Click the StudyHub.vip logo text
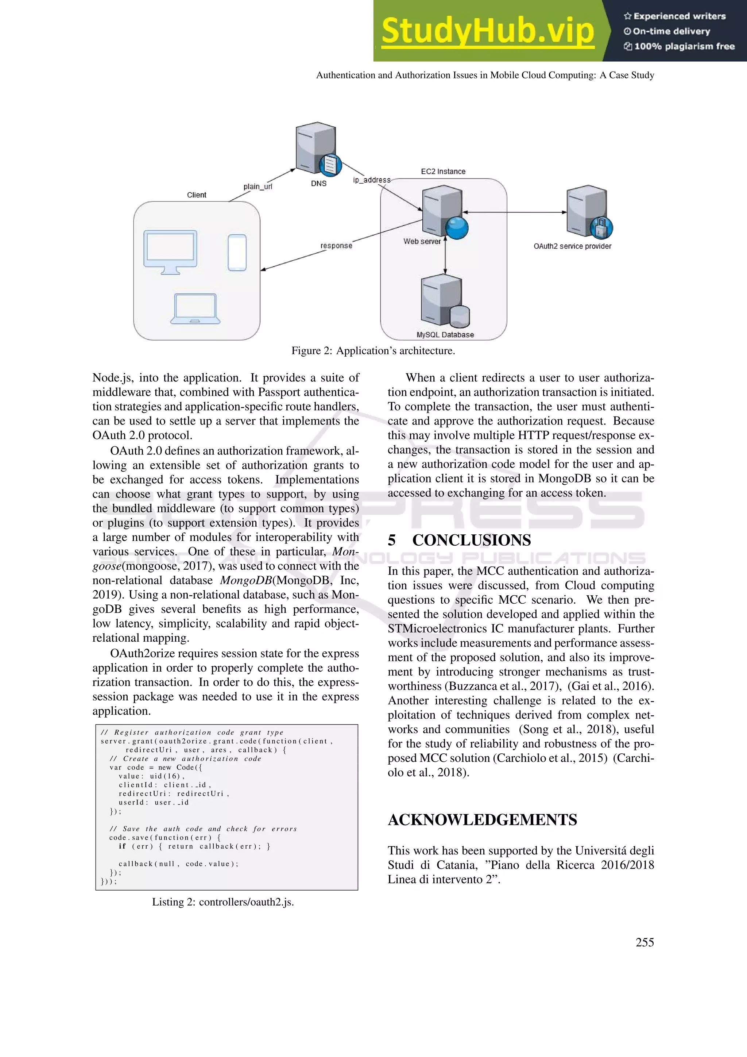(x=488, y=31)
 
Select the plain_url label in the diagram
(x=258, y=187)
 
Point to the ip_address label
(x=372, y=180)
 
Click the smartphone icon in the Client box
(x=237, y=253)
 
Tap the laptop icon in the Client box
(x=195, y=308)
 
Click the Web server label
(x=422, y=241)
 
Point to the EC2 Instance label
(x=443, y=172)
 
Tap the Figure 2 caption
(x=373, y=351)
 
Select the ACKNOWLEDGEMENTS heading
(x=482, y=820)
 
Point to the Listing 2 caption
(x=222, y=902)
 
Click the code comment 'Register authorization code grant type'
(x=192, y=733)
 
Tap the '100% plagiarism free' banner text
(x=684, y=46)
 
